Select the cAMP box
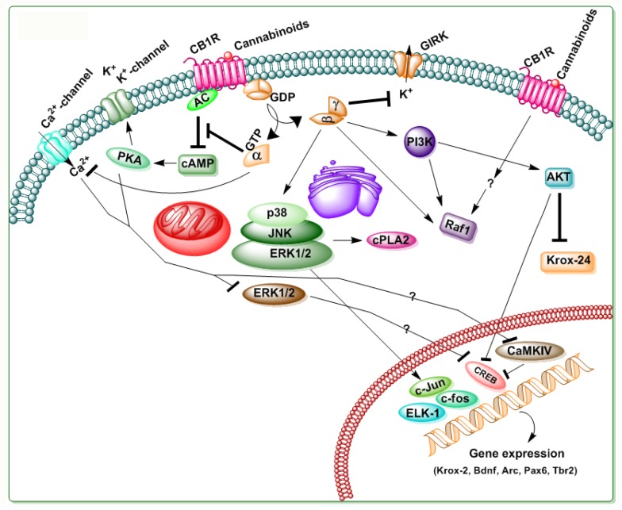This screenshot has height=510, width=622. pyautogui.click(x=198, y=162)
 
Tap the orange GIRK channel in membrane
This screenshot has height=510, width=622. pyautogui.click(x=405, y=62)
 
